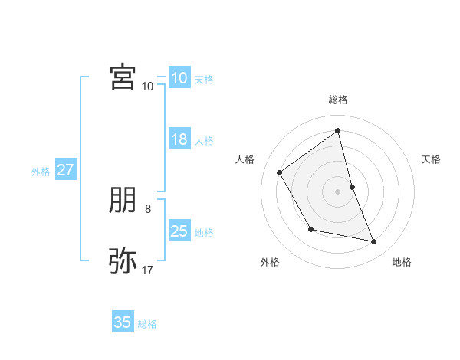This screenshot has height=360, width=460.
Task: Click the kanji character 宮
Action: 123,77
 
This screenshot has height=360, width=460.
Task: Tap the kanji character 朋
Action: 123,201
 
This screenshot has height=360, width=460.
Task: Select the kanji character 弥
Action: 123,260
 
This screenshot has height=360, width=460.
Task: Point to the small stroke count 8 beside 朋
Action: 148,208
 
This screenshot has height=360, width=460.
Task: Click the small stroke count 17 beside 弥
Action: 148,270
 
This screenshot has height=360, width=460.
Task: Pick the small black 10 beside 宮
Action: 148,86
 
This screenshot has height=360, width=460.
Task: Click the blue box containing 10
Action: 179,78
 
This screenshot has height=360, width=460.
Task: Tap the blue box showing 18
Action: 179,139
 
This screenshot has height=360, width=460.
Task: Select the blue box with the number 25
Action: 179,231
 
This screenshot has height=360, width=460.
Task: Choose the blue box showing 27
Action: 65,170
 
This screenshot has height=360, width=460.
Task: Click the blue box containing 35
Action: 123,322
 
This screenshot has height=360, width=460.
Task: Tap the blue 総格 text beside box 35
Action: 147,324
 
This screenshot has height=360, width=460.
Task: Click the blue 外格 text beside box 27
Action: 41,172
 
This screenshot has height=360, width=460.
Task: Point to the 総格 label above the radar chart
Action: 338,100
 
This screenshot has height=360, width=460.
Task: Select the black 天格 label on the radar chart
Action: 432,159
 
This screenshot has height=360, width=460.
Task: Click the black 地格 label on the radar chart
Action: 402,262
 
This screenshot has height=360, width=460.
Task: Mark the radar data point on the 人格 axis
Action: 280,173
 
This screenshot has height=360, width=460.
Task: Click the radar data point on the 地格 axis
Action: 374,241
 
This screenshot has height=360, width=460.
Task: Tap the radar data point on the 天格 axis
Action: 352,187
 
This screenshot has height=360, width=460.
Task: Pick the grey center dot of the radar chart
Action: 338,191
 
